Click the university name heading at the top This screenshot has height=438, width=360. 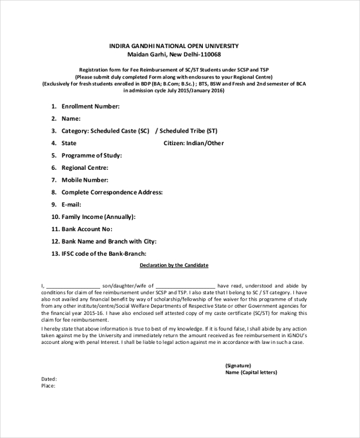pyautogui.click(x=174, y=46)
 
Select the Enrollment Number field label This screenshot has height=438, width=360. pyautogui.click(x=90, y=106)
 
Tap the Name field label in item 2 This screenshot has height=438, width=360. pyautogui.click(x=71, y=119)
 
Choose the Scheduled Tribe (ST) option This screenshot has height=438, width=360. pyautogui.click(x=188, y=131)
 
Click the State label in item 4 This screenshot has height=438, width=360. pyautogui.click(x=69, y=143)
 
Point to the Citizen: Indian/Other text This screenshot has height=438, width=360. pyautogui.click(x=193, y=143)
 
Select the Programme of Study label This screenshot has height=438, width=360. pyautogui.click(x=91, y=155)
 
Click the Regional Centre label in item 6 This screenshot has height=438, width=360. pyautogui.click(x=85, y=168)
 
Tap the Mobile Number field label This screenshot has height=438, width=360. pyautogui.click(x=85, y=180)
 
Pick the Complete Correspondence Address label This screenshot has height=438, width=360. pyautogui.click(x=112, y=193)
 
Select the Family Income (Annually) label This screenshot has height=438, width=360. pyautogui.click(x=98, y=217)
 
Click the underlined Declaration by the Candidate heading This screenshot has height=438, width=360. pyautogui.click(x=174, y=265)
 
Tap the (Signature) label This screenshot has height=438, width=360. pyautogui.click(x=238, y=365)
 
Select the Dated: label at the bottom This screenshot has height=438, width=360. pyautogui.click(x=49, y=379)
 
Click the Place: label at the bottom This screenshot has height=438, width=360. pyautogui.click(x=48, y=386)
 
